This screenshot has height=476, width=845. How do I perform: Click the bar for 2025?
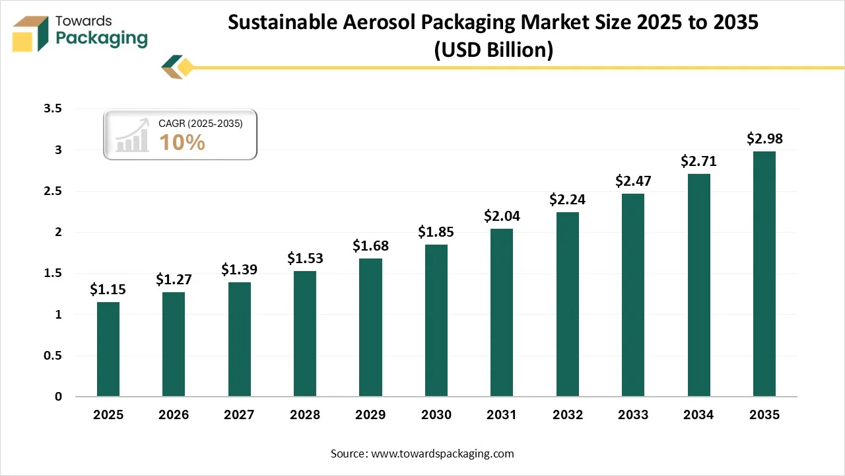[108, 349]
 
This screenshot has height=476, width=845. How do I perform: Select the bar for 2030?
[436, 321]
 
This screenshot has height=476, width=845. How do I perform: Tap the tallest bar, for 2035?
[764, 274]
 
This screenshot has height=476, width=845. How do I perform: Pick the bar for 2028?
[305, 334]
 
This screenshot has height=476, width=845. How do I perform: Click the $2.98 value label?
[764, 138]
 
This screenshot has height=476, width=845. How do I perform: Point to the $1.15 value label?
[108, 289]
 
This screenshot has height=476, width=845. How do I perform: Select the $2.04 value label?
[502, 216]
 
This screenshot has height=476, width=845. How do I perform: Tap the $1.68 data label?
[370, 245]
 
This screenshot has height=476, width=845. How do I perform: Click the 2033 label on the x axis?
[633, 415]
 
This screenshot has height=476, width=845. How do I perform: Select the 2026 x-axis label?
[174, 415]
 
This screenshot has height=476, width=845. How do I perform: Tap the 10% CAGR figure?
[182, 142]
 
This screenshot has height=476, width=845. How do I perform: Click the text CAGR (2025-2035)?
[201, 124]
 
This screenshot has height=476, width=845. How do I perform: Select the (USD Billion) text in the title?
[492, 50]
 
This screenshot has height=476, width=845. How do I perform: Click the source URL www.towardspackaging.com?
[442, 454]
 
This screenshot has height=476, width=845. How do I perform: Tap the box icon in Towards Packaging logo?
[30, 34]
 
